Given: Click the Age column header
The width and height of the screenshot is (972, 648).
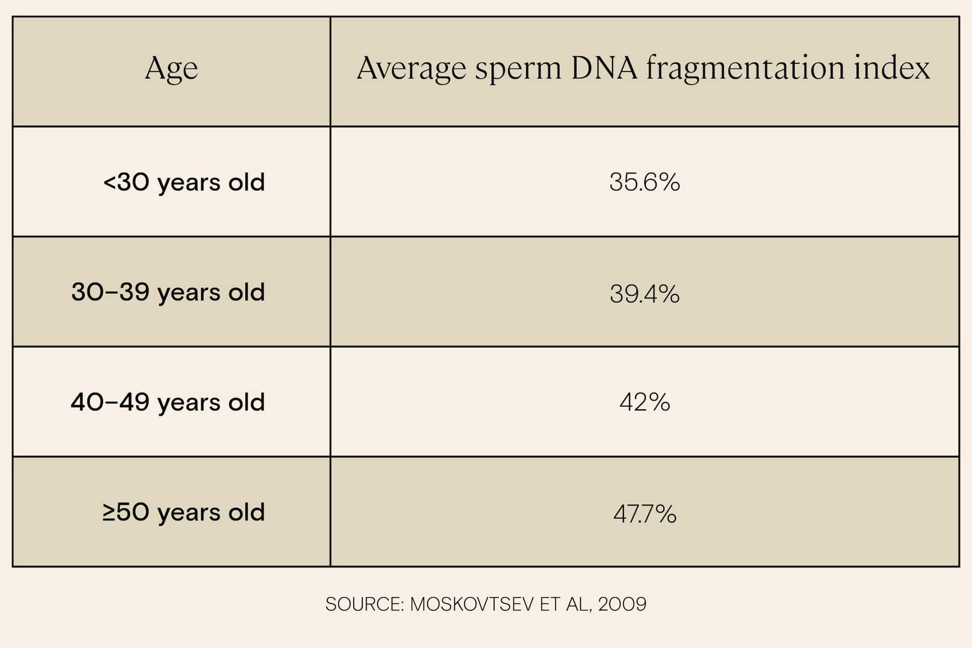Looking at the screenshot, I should click(171, 69).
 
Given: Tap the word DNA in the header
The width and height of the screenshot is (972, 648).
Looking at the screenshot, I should click(604, 68).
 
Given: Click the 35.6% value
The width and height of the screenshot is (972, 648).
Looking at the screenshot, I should click(644, 183).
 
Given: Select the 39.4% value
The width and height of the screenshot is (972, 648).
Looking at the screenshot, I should click(644, 294).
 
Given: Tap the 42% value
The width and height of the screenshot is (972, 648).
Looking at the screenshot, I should click(644, 402).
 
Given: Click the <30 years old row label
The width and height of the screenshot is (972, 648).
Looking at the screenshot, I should click(184, 183).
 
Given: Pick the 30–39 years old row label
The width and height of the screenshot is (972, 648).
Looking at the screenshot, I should click(168, 292).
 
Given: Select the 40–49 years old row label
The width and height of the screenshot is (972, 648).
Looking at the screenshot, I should click(168, 402).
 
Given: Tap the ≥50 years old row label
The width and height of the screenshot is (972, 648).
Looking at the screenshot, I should click(184, 513).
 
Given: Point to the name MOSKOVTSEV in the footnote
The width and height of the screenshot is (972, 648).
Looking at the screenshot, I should click(472, 604).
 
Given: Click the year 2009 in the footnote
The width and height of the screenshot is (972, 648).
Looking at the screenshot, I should click(622, 604).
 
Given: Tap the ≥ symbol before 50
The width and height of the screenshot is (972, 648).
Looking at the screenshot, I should click(108, 513).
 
